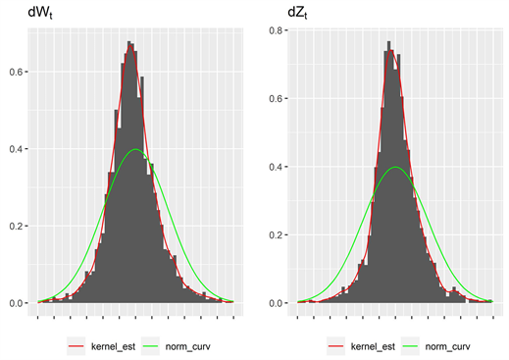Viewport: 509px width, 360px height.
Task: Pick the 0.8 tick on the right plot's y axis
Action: coord(278,30)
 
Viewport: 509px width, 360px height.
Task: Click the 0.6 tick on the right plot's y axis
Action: coord(278,98)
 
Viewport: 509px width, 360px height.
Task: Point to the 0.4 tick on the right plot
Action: coord(278,167)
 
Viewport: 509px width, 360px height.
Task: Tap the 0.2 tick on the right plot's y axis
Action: coord(278,234)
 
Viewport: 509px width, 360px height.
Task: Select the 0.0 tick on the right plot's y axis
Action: coord(278,303)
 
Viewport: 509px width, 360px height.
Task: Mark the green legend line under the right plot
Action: coord(410,345)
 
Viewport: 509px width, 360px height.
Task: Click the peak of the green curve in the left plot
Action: coord(135,149)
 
